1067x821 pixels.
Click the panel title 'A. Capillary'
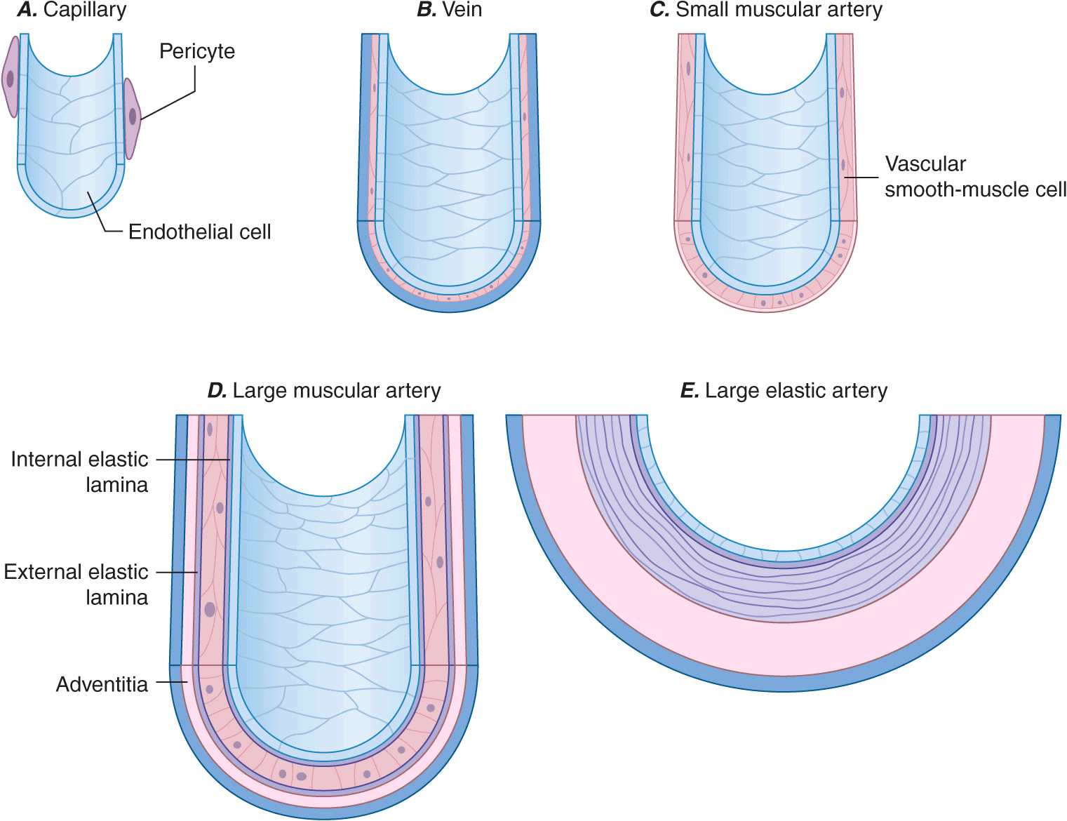pyautogui.click(x=72, y=10)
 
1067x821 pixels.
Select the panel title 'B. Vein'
pyautogui.click(x=449, y=10)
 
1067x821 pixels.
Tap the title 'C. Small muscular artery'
pyautogui.click(x=766, y=10)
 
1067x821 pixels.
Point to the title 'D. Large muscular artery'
pyautogui.click(x=324, y=390)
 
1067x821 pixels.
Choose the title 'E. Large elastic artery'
pyautogui.click(x=784, y=390)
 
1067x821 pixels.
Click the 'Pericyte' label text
pyautogui.click(x=197, y=51)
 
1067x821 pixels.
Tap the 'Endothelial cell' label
pyautogui.click(x=199, y=232)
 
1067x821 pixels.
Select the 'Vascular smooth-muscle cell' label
pyautogui.click(x=974, y=177)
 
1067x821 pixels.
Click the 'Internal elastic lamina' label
pyautogui.click(x=79, y=472)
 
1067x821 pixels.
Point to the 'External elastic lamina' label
pyautogui.click(x=76, y=584)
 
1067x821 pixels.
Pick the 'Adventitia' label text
pyautogui.click(x=102, y=684)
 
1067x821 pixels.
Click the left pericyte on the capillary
pyautogui.click(x=10, y=77)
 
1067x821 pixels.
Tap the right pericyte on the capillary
pyautogui.click(x=132, y=118)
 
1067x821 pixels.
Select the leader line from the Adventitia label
pyautogui.click(x=170, y=682)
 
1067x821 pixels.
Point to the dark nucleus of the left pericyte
pyautogui.click(x=10, y=78)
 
